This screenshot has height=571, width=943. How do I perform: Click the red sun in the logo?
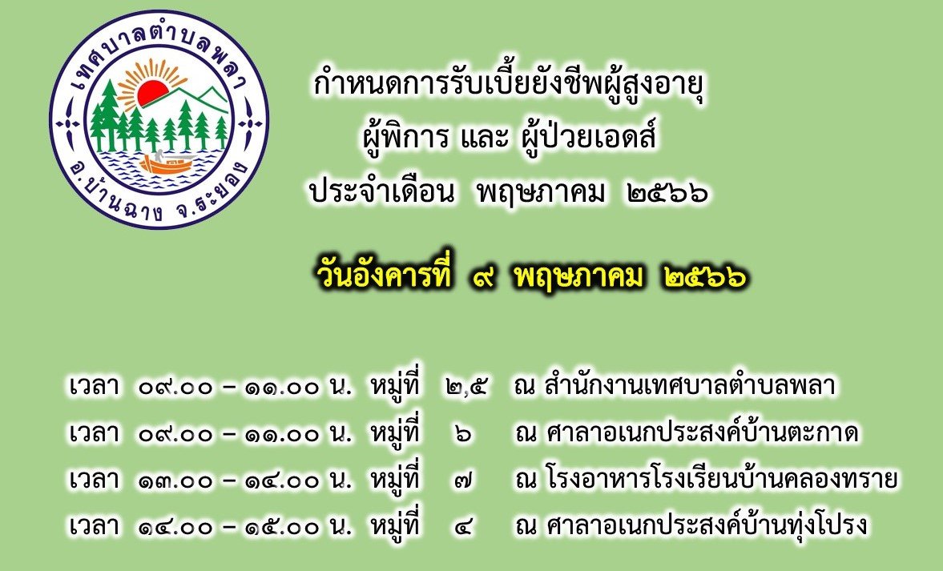pyautogui.click(x=153, y=94)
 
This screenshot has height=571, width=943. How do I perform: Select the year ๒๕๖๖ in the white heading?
pyautogui.click(x=667, y=192)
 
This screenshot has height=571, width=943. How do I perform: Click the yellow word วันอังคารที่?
pyautogui.click(x=384, y=276)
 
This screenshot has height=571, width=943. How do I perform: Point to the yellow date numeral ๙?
pyautogui.click(x=484, y=279)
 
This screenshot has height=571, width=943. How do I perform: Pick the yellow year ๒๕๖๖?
pyautogui.click(x=705, y=277)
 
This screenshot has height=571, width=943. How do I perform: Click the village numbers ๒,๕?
pyautogui.click(x=467, y=388)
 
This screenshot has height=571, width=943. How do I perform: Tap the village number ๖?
pyautogui.click(x=463, y=434)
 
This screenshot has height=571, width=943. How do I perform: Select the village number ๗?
pyautogui.click(x=463, y=481)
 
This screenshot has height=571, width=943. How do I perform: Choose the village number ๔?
pyautogui.click(x=463, y=527)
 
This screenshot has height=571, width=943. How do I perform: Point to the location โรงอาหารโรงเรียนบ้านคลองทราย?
pyautogui.click(x=722, y=479)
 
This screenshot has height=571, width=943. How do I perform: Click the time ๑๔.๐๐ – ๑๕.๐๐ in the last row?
pyautogui.click(x=228, y=527)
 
